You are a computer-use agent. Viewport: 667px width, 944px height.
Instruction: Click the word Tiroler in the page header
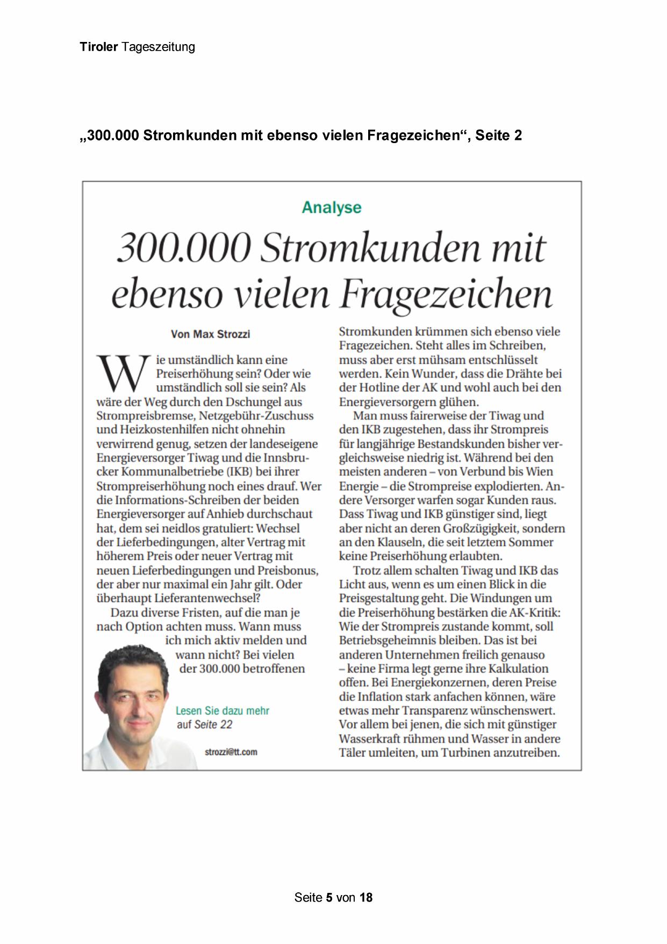[98, 47]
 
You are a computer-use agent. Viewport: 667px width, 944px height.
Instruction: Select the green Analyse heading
[332, 207]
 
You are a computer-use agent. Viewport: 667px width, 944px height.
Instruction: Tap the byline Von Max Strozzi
[210, 334]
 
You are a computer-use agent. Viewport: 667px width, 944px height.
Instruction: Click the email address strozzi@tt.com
[231, 752]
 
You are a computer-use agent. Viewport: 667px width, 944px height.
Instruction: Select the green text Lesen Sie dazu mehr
[223, 711]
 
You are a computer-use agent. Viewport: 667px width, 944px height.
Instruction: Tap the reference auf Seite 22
[205, 725]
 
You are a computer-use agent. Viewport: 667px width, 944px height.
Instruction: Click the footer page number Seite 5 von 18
[333, 897]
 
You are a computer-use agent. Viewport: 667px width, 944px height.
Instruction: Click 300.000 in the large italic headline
[184, 249]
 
